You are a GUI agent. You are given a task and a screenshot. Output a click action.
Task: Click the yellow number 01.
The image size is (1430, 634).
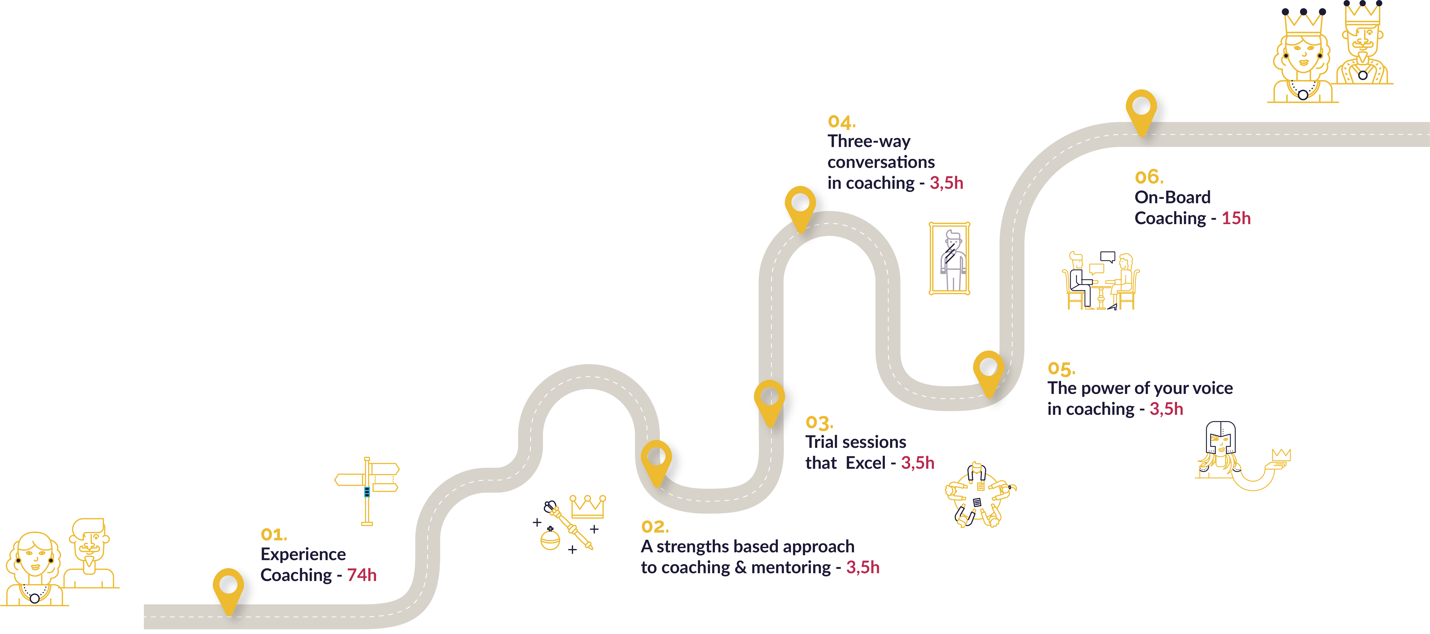pyautogui.click(x=274, y=535)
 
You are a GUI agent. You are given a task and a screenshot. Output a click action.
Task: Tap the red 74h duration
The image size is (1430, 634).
pyautogui.click(x=362, y=575)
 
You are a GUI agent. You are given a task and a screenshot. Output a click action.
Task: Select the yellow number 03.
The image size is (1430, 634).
pyautogui.click(x=819, y=423)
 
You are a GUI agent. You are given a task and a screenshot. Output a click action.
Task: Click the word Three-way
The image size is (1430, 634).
pyautogui.click(x=869, y=142)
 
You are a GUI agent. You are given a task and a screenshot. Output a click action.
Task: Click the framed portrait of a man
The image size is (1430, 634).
pyautogui.click(x=949, y=258)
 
